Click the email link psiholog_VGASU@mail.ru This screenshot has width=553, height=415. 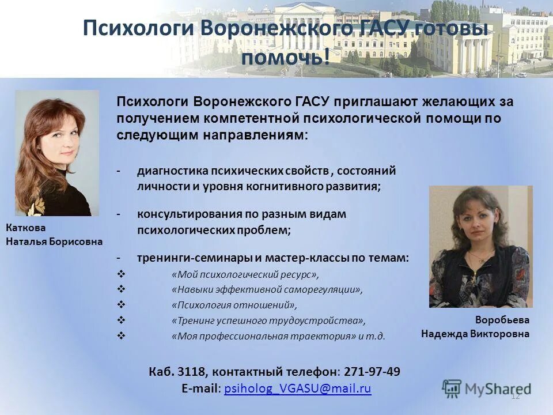(297, 388)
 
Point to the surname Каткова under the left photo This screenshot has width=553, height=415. (25, 228)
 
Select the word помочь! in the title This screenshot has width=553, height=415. (285, 57)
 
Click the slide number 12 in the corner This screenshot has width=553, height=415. (515, 395)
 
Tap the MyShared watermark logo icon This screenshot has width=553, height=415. (452, 387)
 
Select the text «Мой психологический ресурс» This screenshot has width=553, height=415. (245, 274)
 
